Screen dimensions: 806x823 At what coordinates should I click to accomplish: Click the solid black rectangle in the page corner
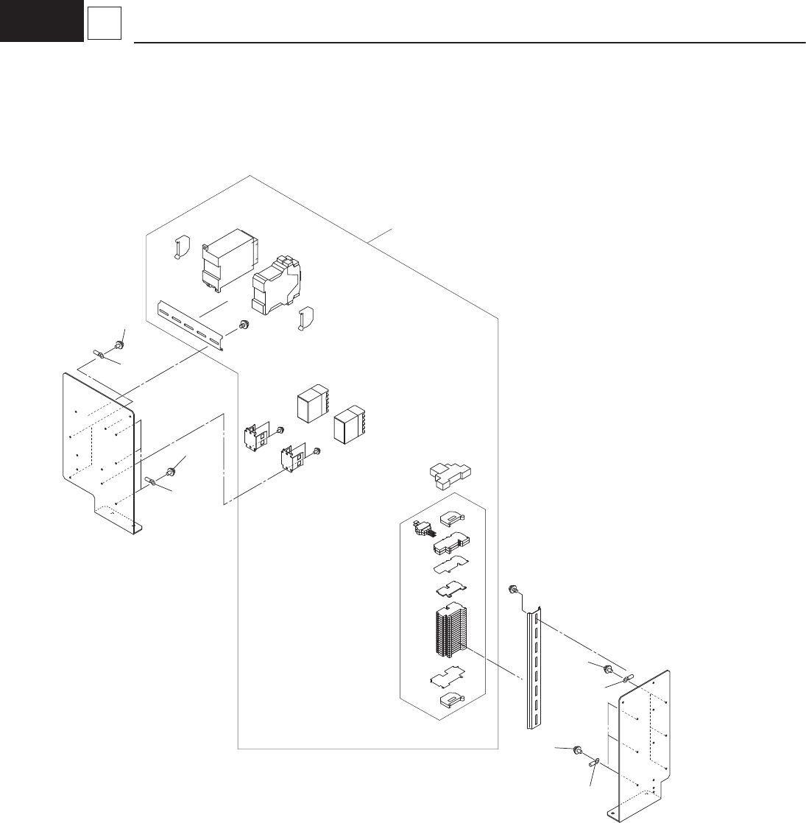point(41,20)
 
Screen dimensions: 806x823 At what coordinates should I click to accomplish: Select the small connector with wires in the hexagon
point(423,529)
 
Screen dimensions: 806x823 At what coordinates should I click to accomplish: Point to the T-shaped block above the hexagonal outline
point(451,477)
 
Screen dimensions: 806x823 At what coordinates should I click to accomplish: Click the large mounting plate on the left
point(99,449)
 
